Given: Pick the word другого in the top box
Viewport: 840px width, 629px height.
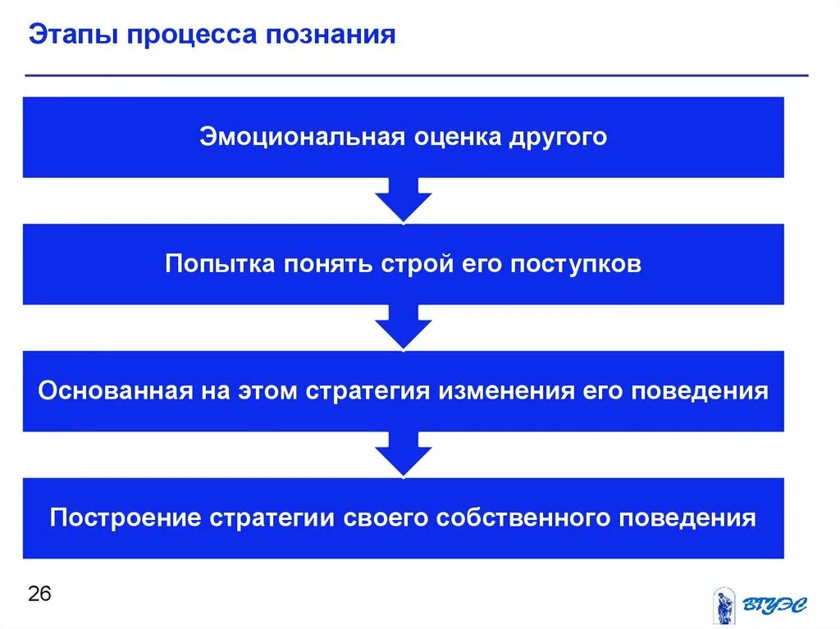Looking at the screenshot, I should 561,136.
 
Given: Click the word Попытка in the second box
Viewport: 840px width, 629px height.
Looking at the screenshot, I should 220,264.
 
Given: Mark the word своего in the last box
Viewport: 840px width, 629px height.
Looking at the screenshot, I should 384,518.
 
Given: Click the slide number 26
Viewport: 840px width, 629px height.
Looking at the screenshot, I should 39,594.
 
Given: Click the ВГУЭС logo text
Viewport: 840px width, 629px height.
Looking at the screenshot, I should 775,605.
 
